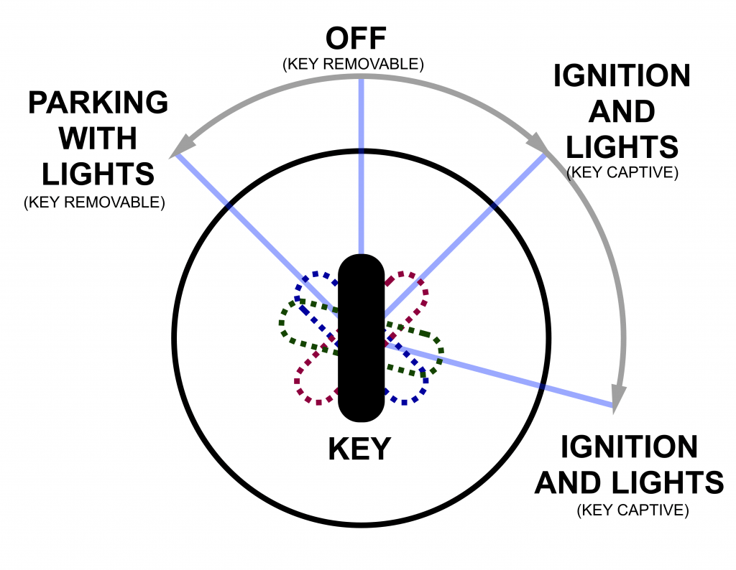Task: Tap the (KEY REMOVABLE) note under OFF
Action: coord(353,64)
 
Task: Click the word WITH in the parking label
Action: coord(98,139)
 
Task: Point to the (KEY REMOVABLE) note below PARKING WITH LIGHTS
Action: coord(94,202)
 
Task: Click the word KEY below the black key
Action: coord(359,449)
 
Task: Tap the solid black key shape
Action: coord(362,337)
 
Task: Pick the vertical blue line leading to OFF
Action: coord(361,165)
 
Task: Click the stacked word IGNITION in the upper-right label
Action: coord(621,77)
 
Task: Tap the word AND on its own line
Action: coord(609,112)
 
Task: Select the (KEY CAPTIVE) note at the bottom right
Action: coord(632,510)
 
